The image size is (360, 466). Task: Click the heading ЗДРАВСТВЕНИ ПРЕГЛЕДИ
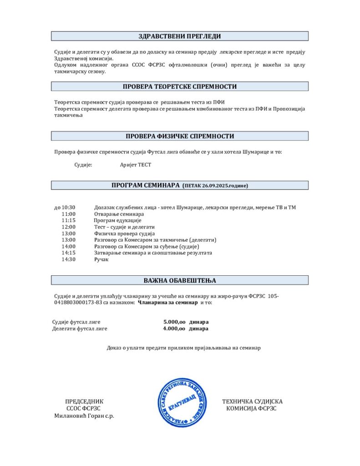click(x=179, y=36)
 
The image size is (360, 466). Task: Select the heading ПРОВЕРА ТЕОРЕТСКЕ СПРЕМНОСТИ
click(x=179, y=86)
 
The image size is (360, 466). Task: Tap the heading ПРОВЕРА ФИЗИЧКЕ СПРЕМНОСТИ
click(x=179, y=136)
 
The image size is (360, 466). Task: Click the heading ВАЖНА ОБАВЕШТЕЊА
click(x=179, y=280)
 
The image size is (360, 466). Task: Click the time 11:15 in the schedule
click(x=69, y=220)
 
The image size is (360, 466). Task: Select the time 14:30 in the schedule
click(x=69, y=259)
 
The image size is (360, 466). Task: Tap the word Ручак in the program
click(x=102, y=259)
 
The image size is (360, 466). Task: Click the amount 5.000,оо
click(x=174, y=322)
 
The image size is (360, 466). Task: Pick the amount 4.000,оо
click(x=174, y=328)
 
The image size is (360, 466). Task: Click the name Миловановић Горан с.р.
click(x=84, y=415)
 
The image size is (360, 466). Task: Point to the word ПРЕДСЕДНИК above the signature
click(x=84, y=401)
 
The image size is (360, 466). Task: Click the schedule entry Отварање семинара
click(x=119, y=214)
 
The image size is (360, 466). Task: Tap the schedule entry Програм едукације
click(x=117, y=220)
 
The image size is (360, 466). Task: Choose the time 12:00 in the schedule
click(x=69, y=227)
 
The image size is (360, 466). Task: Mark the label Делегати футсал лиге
click(x=80, y=328)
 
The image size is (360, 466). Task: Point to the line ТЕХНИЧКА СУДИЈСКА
click(x=252, y=401)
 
